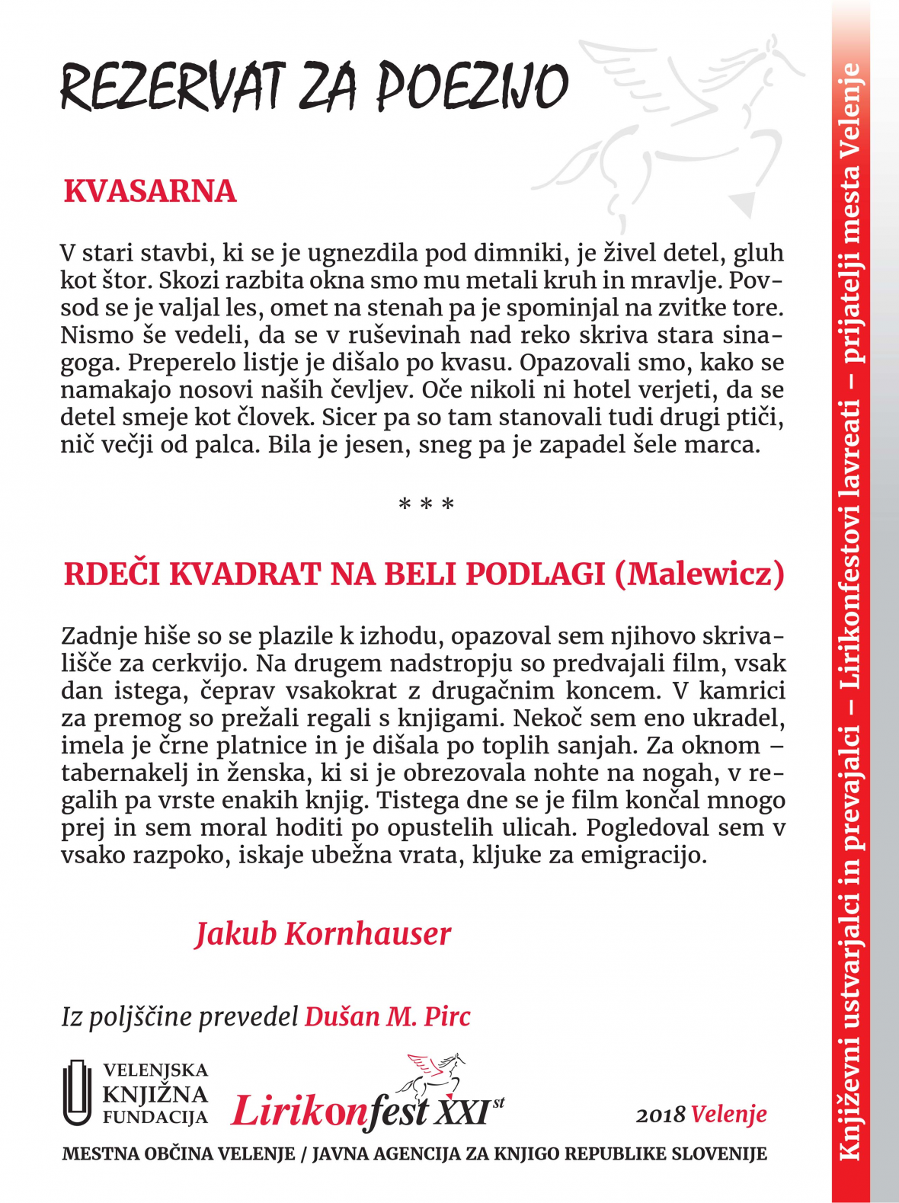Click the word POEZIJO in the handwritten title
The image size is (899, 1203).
[472, 86]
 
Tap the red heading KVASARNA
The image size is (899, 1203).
[150, 191]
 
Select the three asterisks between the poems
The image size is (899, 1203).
[427, 504]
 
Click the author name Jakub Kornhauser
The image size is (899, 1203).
[323, 934]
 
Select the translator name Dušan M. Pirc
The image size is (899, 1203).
[388, 1016]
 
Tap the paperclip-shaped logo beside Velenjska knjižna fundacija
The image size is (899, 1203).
[76, 1093]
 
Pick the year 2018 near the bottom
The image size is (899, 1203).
[661, 1115]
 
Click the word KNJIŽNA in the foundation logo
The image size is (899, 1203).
[155, 1095]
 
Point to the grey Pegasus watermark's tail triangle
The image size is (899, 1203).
[744, 204]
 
